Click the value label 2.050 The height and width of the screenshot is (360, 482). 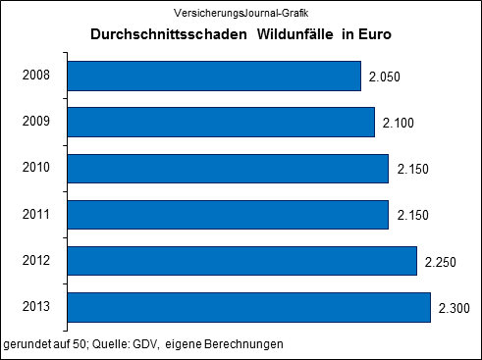click(x=386, y=77)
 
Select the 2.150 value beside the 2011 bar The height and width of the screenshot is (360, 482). click(x=413, y=216)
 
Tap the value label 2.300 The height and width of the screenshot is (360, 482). click(x=455, y=308)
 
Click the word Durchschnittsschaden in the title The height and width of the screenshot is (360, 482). click(x=157, y=35)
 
